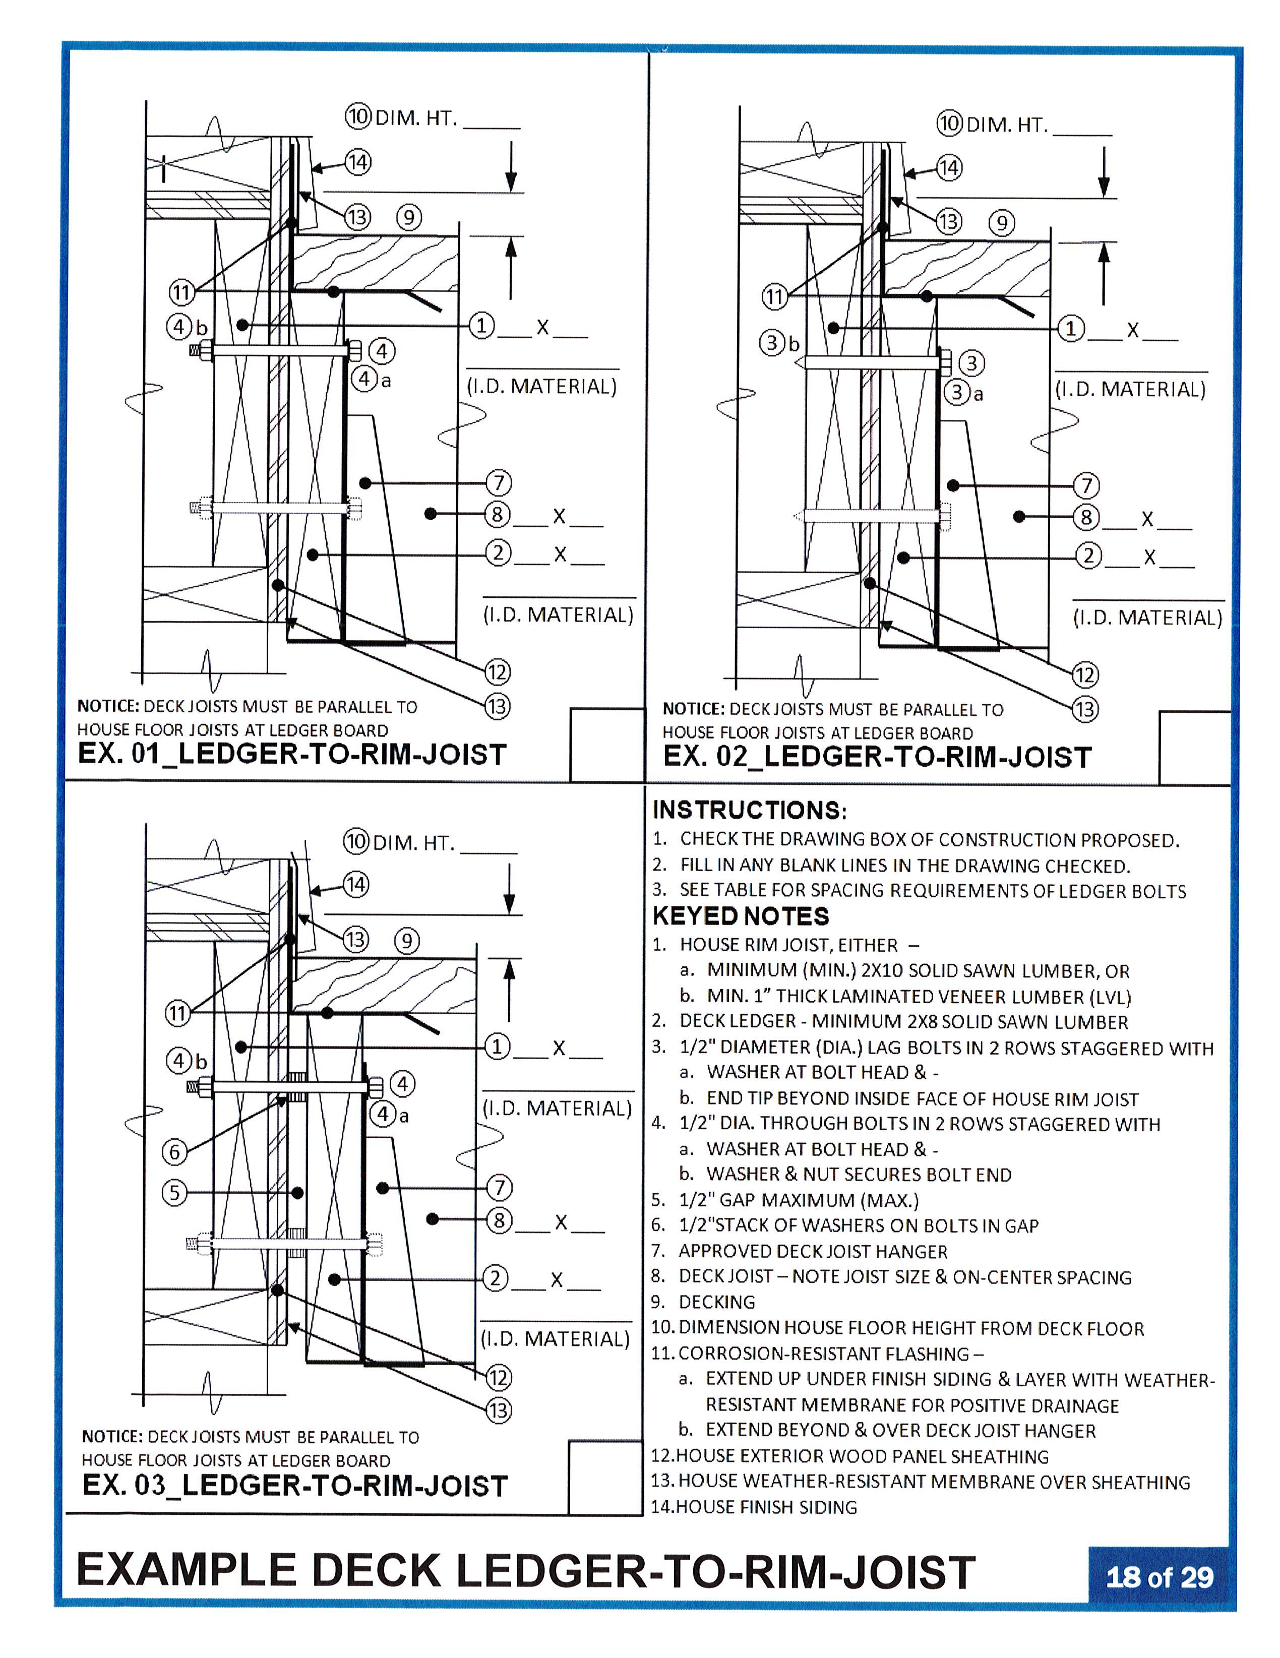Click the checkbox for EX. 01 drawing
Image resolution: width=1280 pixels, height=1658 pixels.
606,744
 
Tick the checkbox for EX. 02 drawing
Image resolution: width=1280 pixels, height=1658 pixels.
1194,747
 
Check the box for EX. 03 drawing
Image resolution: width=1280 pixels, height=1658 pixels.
604,1477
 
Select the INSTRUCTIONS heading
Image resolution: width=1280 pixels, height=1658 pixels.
749,810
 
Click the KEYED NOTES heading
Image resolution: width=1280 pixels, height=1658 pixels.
740,916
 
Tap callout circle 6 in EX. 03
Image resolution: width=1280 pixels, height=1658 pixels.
174,1152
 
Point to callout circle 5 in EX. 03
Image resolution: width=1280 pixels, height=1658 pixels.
174,1193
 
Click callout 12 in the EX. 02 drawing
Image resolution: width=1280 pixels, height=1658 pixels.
1085,675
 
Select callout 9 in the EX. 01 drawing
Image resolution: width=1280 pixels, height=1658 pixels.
408,218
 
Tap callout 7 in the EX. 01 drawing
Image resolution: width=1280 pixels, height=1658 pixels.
498,483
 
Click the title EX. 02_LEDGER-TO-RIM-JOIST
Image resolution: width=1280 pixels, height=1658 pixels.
877,757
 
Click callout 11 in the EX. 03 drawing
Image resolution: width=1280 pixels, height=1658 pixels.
177,1013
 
